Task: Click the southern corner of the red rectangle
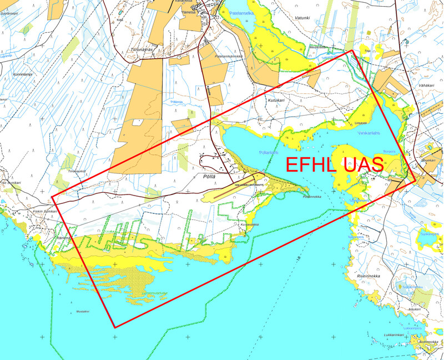pos(115,328)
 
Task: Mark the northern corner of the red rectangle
pos(353,51)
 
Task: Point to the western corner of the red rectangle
pos(52,197)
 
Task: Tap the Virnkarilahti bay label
pos(371,132)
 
